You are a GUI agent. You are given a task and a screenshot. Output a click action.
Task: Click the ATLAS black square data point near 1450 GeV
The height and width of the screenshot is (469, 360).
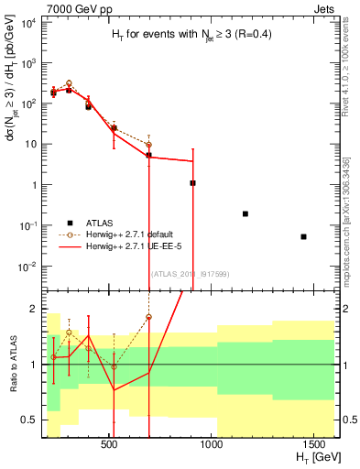303,236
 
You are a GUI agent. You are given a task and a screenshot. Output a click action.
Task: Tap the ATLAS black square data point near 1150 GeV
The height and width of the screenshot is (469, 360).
245,213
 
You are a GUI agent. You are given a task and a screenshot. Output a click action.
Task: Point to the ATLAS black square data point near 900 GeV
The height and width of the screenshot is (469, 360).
192,183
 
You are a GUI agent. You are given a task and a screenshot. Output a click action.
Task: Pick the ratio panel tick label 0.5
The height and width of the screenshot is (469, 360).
29,420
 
